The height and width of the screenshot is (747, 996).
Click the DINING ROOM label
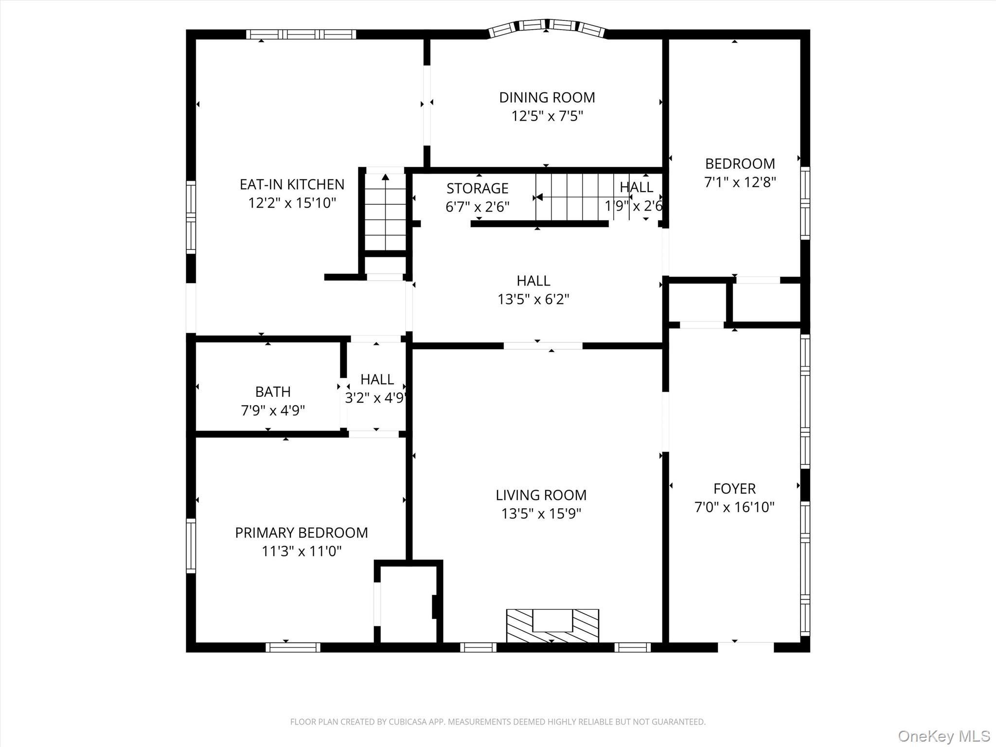547,97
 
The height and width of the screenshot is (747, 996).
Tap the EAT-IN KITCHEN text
292,184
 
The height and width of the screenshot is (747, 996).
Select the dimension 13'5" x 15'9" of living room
541,514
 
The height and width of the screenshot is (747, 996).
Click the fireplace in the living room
552,625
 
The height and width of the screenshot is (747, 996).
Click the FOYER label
734,488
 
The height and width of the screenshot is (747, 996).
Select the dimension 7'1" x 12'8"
740,182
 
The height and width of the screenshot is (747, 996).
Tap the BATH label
273,391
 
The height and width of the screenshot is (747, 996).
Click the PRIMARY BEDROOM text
302,533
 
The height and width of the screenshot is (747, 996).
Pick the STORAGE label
477,188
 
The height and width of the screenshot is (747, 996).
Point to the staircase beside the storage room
574,197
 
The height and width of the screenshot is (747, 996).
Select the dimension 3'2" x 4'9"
375,398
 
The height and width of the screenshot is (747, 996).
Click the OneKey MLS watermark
943,736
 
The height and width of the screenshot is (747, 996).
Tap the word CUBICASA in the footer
406,722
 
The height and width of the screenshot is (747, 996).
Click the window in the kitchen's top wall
301,35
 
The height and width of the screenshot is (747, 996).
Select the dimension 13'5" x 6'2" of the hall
533,299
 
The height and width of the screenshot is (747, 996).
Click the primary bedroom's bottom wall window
293,647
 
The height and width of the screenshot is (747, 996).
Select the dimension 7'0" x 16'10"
734,507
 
